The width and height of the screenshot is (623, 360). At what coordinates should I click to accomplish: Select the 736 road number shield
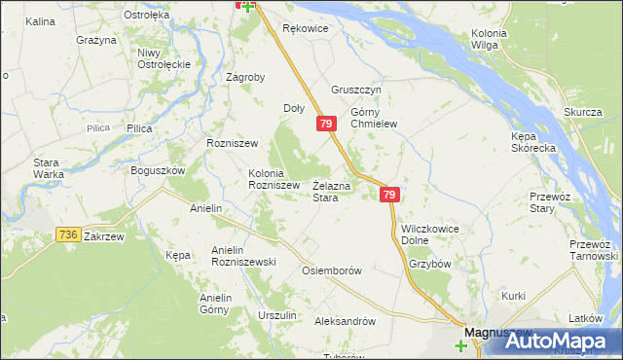point(67,234)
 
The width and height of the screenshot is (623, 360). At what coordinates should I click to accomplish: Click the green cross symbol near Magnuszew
point(460,344)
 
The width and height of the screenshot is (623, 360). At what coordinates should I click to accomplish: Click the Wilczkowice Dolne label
point(429,234)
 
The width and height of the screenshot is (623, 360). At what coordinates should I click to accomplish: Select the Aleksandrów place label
point(345,320)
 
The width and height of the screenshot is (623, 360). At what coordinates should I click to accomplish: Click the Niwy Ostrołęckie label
point(163,58)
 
